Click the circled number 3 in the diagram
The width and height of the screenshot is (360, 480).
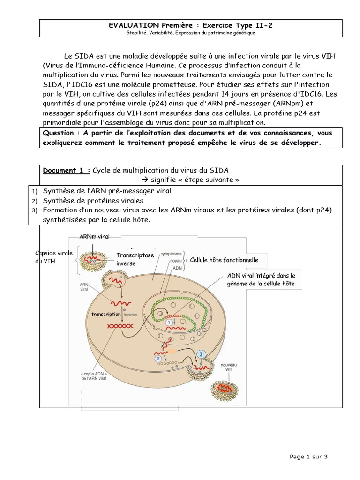(x=201, y=355)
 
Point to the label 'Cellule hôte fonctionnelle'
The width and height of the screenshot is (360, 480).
(x=224, y=260)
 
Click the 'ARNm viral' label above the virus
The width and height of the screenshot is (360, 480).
(x=94, y=237)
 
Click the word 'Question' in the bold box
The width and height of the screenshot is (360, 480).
(x=58, y=133)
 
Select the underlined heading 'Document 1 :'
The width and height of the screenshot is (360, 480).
(x=67, y=170)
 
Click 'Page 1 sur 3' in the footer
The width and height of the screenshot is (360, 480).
(x=308, y=456)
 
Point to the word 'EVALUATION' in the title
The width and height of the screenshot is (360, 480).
(x=133, y=25)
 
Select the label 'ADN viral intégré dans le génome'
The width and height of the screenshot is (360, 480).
(x=261, y=280)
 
